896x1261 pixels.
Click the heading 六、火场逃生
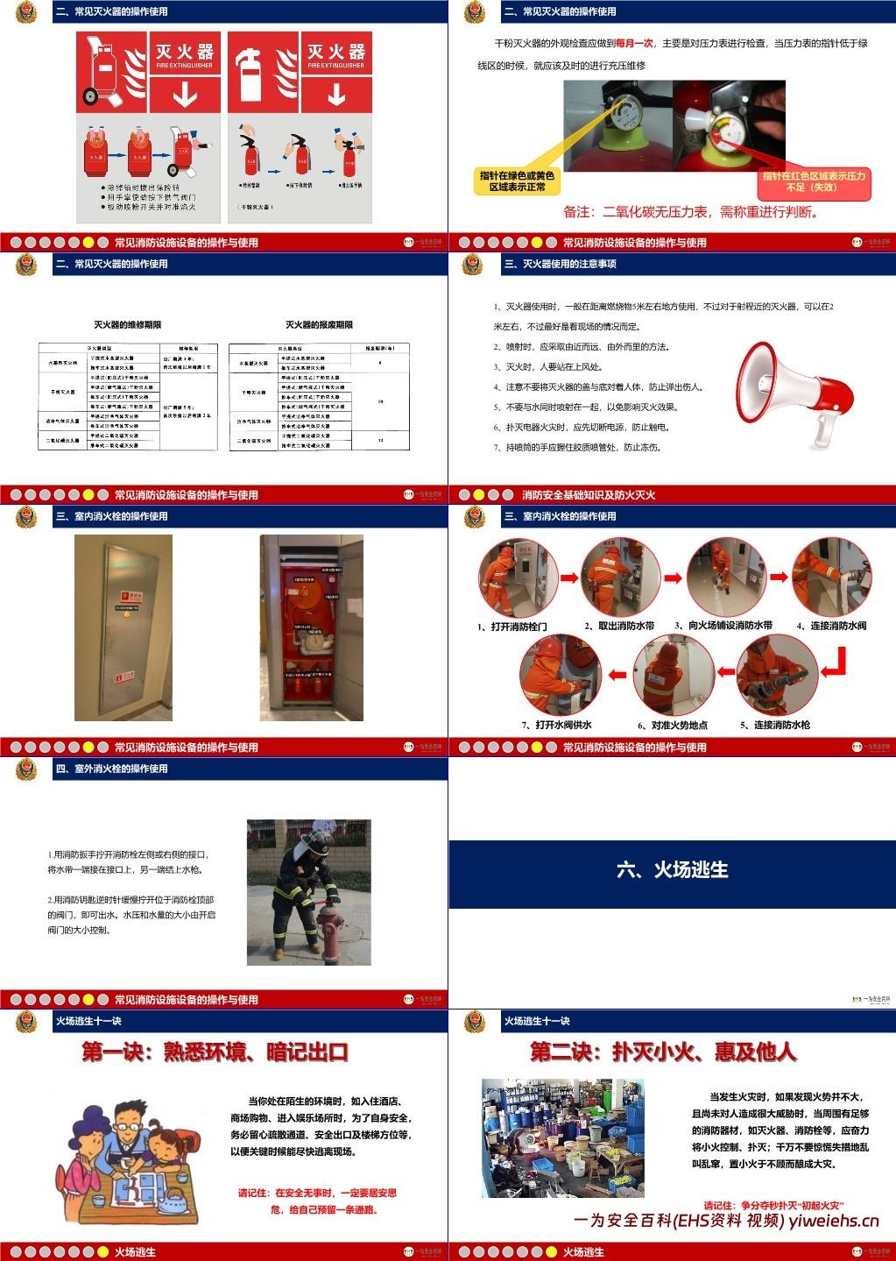point(672,869)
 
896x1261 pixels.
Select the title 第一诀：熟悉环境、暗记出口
point(215,1052)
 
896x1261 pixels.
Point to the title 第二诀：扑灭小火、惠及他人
point(663,1052)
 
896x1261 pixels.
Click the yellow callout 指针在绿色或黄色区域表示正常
point(518,181)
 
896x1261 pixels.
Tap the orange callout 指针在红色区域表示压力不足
point(814,181)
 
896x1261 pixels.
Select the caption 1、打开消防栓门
point(512,627)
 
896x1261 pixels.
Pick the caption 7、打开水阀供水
point(557,725)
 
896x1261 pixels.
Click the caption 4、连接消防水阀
point(831,626)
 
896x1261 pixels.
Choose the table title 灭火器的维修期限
point(128,325)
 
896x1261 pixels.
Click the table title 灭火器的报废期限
point(319,325)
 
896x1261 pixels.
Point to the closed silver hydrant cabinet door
point(123,627)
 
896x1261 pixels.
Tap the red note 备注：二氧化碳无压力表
point(691,212)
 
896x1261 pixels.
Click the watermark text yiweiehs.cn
point(833,1222)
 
